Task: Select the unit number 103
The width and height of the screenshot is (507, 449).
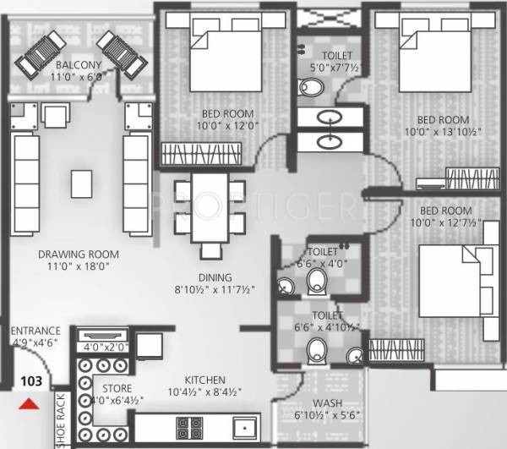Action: [30, 381]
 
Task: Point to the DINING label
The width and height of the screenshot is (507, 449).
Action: [215, 276]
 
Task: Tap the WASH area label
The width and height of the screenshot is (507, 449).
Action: [327, 403]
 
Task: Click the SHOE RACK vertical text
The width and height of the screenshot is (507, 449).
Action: [61, 419]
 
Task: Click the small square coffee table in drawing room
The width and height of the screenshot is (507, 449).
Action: [81, 182]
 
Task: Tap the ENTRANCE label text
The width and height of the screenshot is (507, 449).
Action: [35, 331]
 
